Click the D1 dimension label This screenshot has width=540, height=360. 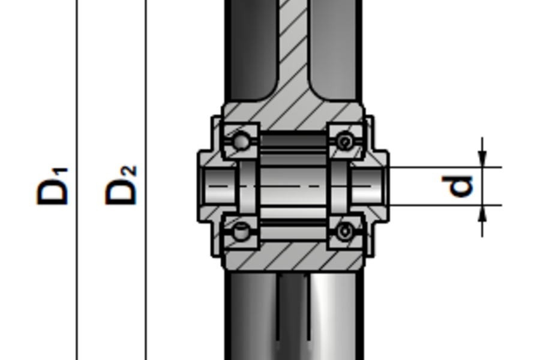(x=53, y=187)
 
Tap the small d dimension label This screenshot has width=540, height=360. (x=461, y=186)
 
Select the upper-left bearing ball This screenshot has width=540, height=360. (x=241, y=142)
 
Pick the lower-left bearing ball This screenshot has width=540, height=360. (x=241, y=231)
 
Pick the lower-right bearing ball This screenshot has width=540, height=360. (x=345, y=230)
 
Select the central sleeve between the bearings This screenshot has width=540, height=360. (x=293, y=186)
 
